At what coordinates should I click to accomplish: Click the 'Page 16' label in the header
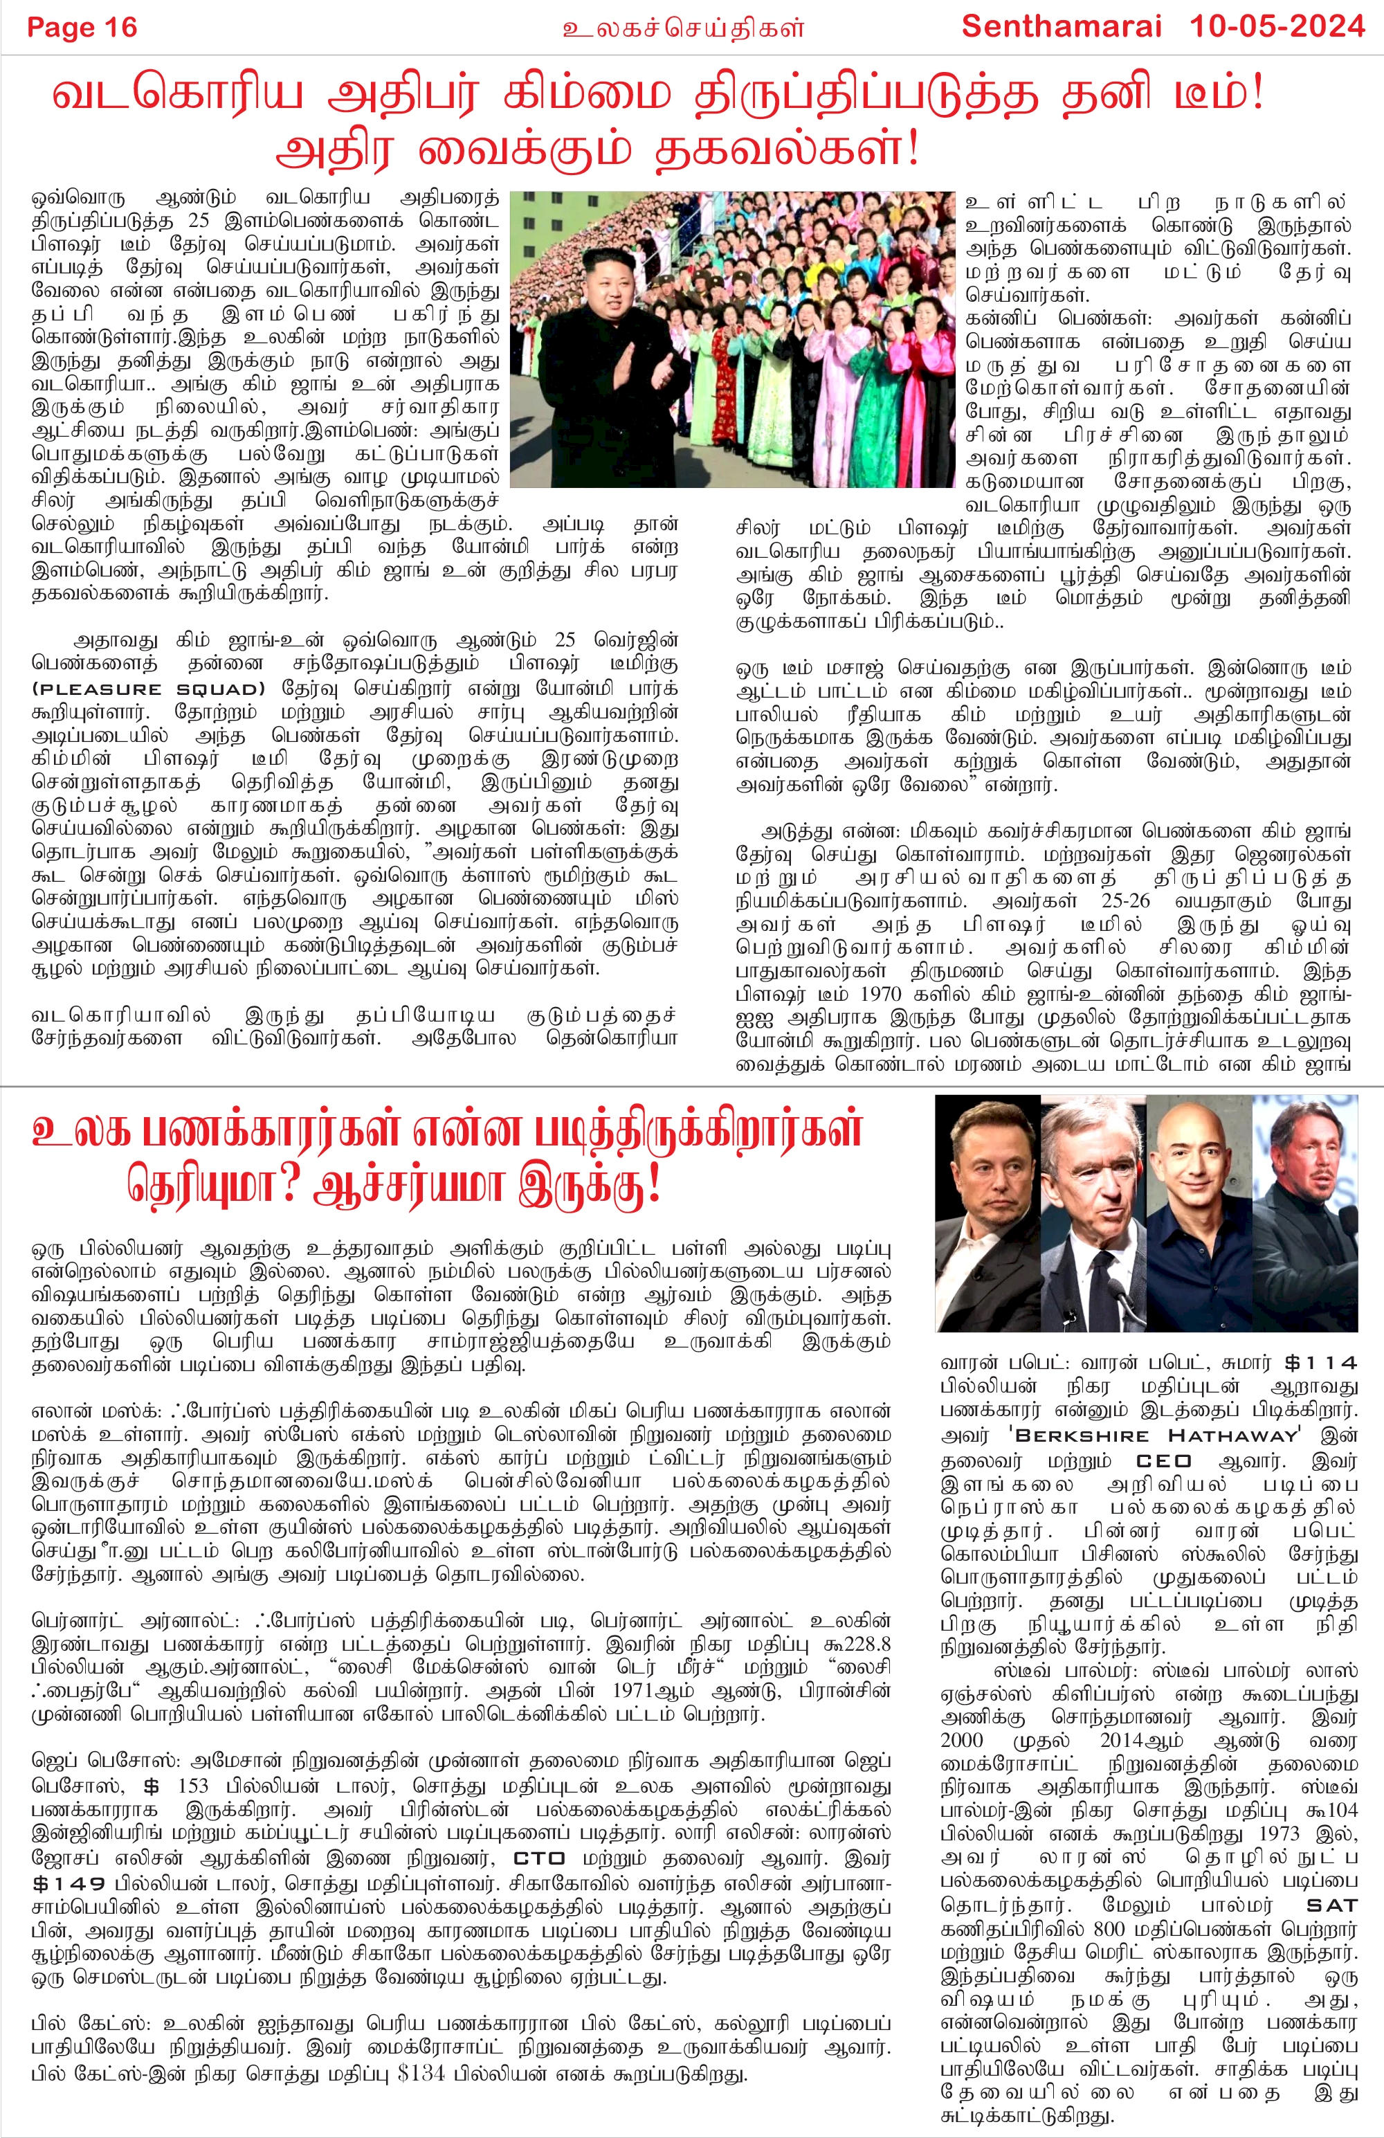[82, 28]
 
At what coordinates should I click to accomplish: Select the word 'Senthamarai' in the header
[1062, 27]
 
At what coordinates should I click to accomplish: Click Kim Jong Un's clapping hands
[663, 368]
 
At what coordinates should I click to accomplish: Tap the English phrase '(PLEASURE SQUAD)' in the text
[149, 689]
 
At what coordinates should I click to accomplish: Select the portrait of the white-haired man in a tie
[1092, 1213]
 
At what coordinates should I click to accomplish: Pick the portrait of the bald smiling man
[1199, 1213]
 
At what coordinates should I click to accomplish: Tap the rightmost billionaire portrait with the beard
[1306, 1213]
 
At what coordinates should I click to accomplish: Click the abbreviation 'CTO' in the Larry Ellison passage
[539, 1858]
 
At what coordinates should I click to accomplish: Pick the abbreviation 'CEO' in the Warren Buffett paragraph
[1163, 1460]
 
